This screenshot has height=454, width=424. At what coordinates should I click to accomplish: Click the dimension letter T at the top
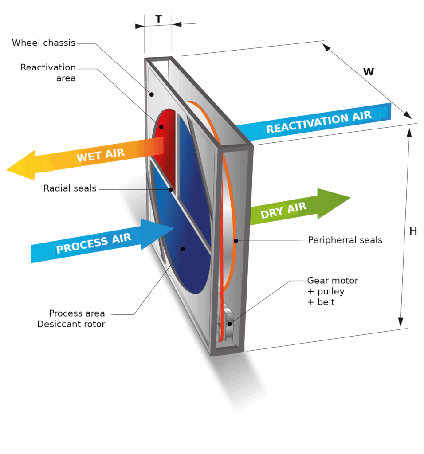[x=158, y=19]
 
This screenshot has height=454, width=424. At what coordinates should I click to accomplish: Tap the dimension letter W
[x=368, y=71]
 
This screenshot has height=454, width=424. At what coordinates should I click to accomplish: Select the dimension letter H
[x=413, y=231]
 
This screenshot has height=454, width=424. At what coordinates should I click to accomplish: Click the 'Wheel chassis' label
[x=43, y=43]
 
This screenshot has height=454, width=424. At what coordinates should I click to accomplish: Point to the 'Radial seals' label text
[x=70, y=188]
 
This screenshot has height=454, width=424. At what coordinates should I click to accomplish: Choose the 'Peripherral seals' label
[x=345, y=240]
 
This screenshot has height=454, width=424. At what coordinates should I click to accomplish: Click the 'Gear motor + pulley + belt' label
[x=332, y=291]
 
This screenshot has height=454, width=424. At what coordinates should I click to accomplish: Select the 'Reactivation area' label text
[x=48, y=73]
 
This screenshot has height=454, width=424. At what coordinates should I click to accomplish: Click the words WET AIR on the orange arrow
[x=100, y=155]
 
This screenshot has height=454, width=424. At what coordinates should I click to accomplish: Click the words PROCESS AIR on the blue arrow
[x=94, y=243]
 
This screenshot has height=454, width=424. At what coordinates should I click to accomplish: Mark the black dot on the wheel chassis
[x=152, y=94]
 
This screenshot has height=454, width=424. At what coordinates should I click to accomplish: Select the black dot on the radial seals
[x=171, y=189]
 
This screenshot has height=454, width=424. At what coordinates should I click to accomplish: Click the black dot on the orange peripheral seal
[x=236, y=241]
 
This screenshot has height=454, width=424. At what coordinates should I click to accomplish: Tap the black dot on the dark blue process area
[x=182, y=249]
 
